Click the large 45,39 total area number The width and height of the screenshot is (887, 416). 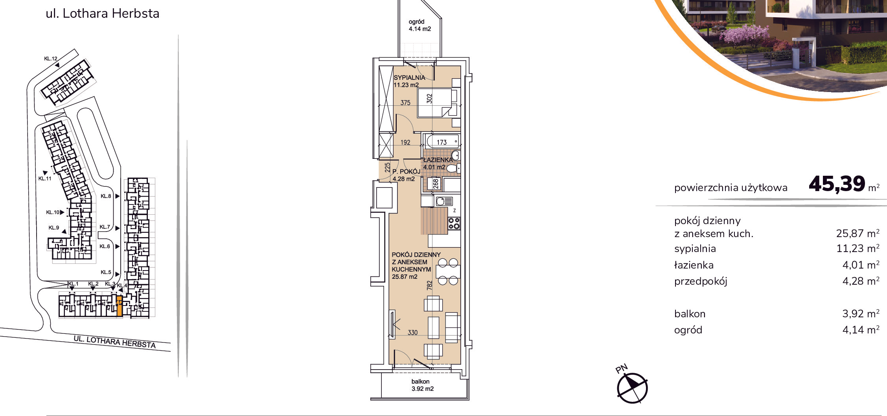(x=837, y=184)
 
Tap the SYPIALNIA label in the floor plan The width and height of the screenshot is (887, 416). (x=409, y=78)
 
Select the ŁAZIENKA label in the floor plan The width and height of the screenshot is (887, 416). (x=438, y=160)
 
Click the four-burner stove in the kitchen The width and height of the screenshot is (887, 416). (x=454, y=223)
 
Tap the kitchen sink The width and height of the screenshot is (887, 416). (x=444, y=201)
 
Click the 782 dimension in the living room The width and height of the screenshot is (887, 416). (x=429, y=285)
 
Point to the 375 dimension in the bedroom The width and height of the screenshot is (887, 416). (x=405, y=103)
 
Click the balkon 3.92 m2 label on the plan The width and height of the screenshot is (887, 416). (x=422, y=385)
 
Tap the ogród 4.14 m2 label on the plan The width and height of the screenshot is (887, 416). (x=420, y=25)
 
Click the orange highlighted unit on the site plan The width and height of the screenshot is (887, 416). (x=120, y=306)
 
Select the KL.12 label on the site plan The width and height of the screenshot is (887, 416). (x=51, y=59)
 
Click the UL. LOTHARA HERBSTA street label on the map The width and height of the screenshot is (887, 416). (x=115, y=342)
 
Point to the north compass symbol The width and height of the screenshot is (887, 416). (x=632, y=387)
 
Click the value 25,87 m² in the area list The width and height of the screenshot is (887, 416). (x=858, y=233)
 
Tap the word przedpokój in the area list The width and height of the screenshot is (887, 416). (x=701, y=281)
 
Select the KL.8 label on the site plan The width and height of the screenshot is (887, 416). (x=105, y=196)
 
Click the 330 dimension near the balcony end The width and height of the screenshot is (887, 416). (x=412, y=332)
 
